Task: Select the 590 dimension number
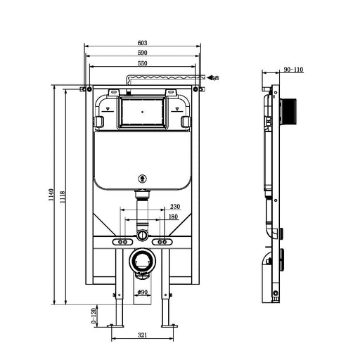[x=143, y=53]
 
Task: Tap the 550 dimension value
[x=143, y=63]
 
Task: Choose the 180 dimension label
[x=172, y=217]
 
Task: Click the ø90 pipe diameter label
[x=143, y=292]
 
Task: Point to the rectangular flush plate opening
[x=143, y=112]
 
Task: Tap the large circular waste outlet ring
[x=143, y=262]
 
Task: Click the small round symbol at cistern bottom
[x=143, y=179]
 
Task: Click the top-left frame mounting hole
[x=84, y=89]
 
